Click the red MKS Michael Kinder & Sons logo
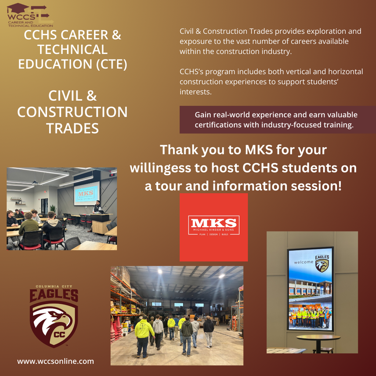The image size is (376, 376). (x=213, y=227)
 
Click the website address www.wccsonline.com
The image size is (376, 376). (x=55, y=361)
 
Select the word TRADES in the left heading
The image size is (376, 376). (x=72, y=128)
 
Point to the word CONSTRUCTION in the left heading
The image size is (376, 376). (x=72, y=112)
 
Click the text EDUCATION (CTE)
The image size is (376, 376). (x=73, y=64)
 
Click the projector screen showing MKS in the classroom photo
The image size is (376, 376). (x=86, y=193)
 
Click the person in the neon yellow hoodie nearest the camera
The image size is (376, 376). (x=144, y=333)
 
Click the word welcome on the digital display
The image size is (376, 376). (x=304, y=262)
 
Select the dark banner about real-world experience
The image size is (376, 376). (x=278, y=120)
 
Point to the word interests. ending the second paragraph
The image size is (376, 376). (x=196, y=91)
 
